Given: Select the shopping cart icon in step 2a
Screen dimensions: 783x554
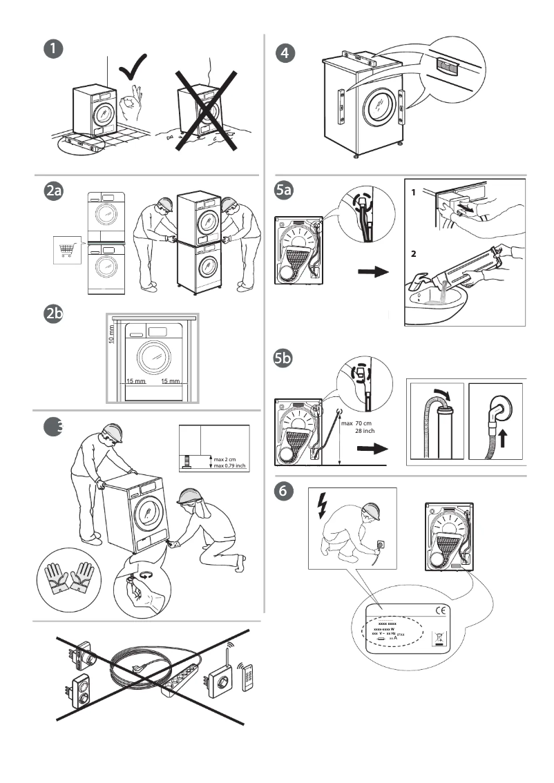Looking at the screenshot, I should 66,249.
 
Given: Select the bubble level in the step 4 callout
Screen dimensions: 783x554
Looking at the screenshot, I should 447,67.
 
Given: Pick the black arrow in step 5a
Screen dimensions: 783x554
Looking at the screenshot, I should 373,273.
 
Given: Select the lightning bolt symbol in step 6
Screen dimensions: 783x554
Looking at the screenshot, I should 321,507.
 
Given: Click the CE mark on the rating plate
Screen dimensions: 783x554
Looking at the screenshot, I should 440,610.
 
